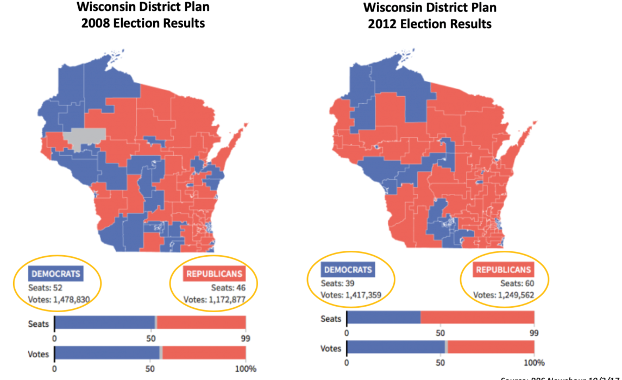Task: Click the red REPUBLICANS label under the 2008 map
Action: click(214, 274)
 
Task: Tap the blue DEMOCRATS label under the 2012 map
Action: click(347, 270)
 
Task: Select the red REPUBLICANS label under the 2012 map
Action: click(503, 270)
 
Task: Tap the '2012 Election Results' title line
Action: click(429, 24)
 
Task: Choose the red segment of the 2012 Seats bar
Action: click(477, 318)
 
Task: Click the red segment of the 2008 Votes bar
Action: click(204, 353)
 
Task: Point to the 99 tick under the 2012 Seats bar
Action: click(534, 333)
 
